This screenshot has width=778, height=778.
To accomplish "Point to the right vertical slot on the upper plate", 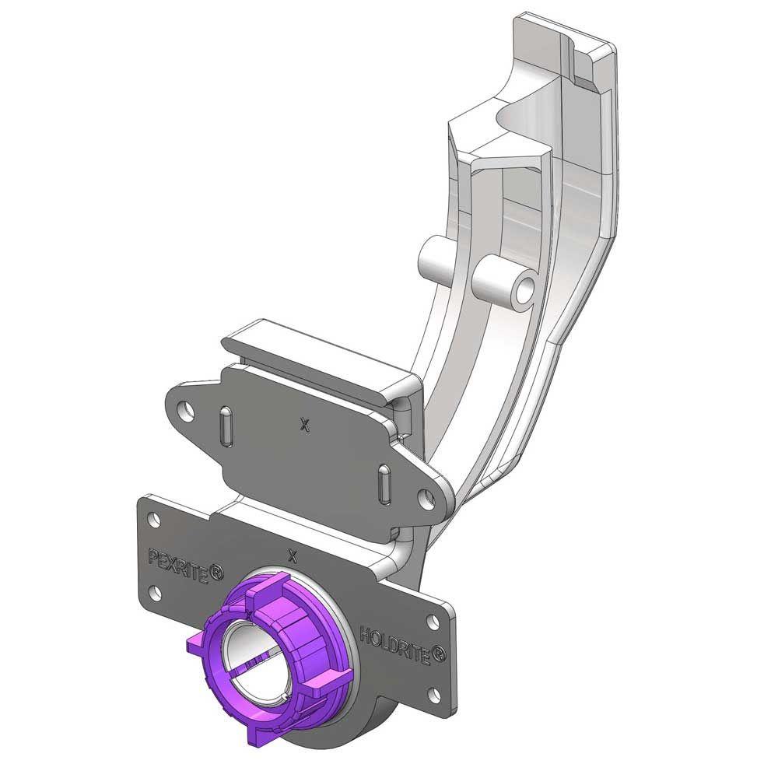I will point(385,483).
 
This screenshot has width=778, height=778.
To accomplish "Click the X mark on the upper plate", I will point(305,424).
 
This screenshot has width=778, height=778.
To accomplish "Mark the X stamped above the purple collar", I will point(293,555).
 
